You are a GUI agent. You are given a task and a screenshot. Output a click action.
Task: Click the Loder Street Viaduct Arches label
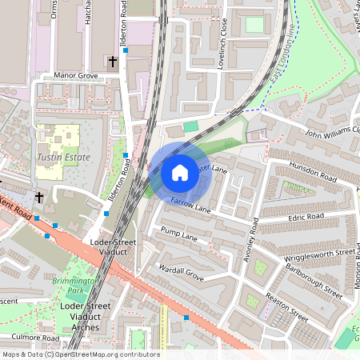click(86, 317)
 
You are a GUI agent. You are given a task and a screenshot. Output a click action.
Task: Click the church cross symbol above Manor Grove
click(112, 61)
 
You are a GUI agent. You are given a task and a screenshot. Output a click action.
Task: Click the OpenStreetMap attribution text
click(80, 354)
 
